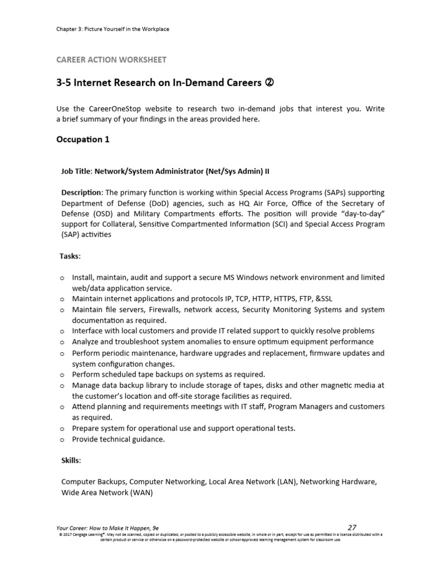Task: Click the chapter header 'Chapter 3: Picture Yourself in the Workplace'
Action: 113,29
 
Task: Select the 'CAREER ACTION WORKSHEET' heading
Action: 111,59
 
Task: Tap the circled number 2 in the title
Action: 271,83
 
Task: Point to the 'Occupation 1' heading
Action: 83,139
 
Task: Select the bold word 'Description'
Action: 82,192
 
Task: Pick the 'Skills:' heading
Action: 71,460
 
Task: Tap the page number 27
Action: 352,528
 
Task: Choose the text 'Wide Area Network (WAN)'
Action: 106,493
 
